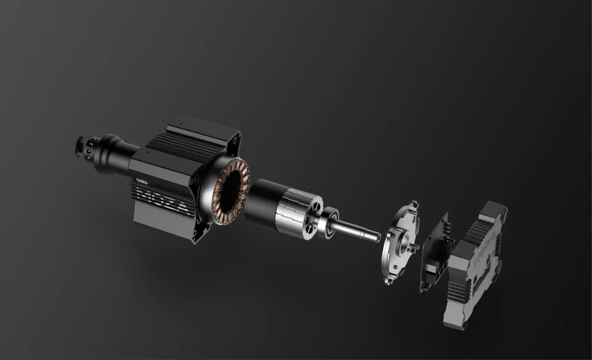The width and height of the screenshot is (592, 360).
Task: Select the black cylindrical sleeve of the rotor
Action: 262,200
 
